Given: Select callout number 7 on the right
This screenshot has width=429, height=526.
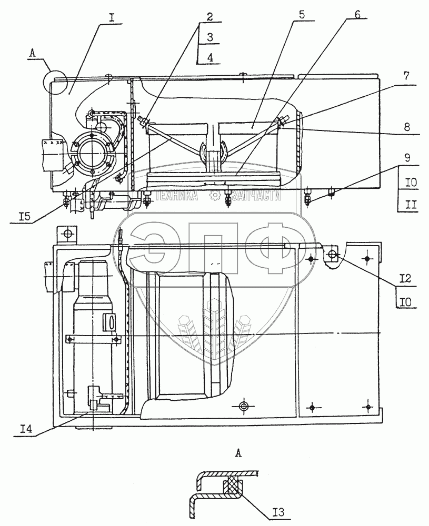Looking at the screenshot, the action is tap(406, 76).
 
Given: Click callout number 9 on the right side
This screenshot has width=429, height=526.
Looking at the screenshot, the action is tap(407, 157).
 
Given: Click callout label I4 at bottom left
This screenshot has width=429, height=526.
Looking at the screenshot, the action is tap(26, 429).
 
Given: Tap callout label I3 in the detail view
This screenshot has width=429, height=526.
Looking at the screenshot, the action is tap(278, 512).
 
